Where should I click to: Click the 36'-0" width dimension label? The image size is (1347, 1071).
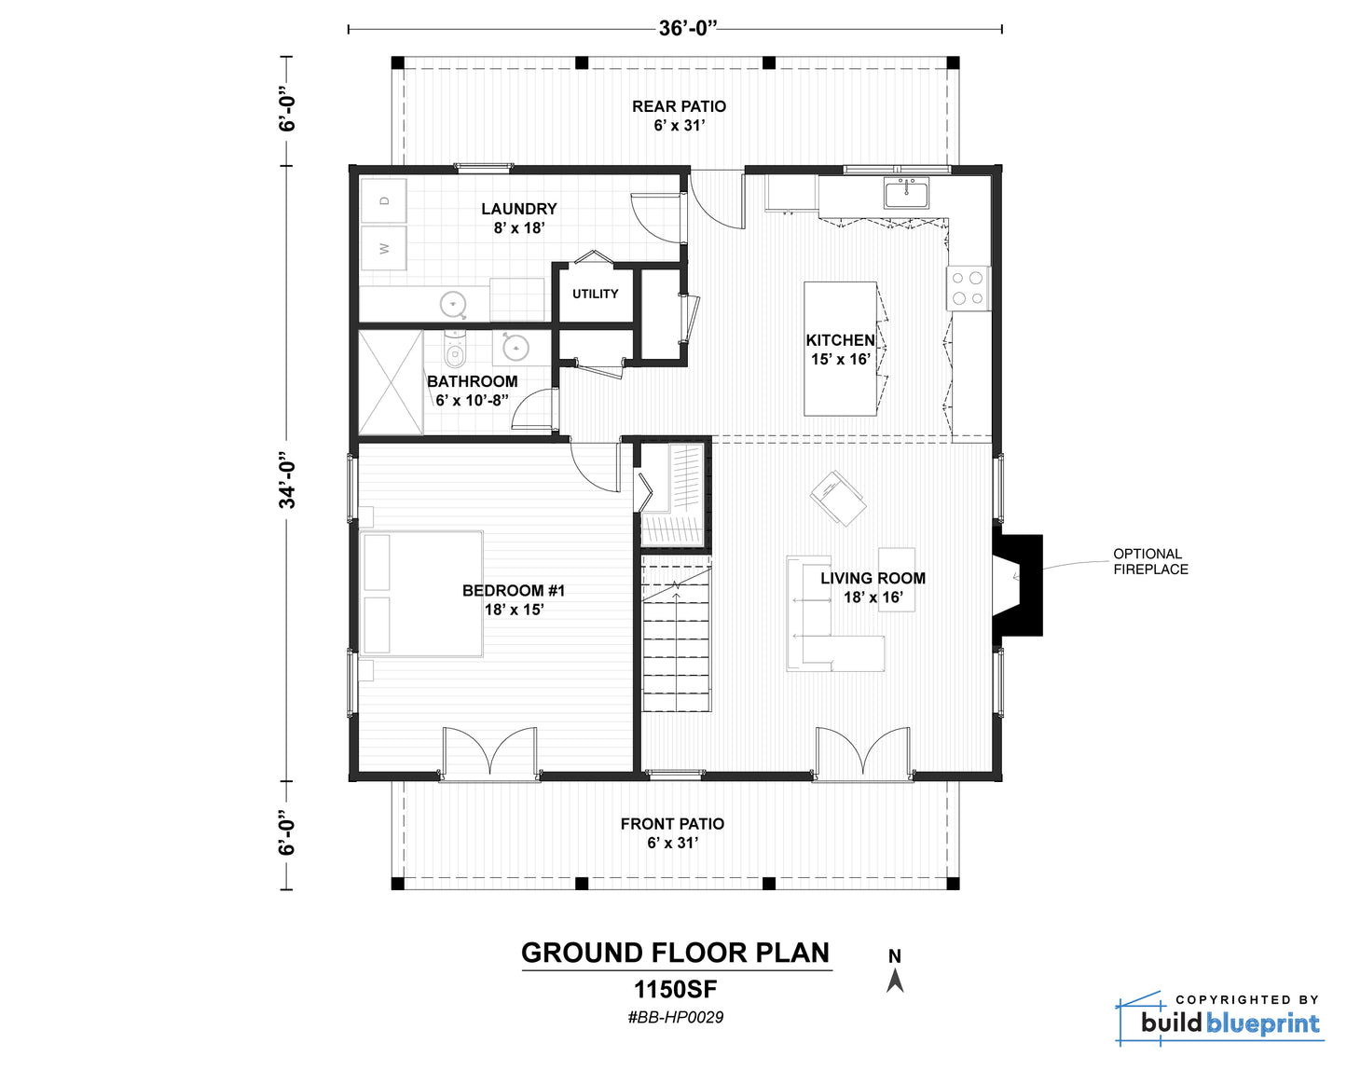coord(687,29)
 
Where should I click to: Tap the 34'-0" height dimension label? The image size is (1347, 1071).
coord(287,480)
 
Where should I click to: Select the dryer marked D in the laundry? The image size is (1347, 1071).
coord(384,200)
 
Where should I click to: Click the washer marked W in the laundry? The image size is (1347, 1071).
coord(384,248)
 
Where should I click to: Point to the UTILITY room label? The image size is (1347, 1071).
coord(596,294)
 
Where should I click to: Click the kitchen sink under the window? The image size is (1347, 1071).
coord(906,192)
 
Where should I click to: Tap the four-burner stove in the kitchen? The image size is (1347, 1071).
coord(968,288)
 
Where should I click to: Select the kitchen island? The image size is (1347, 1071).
coord(840,349)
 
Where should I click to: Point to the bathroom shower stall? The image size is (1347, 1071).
coord(391,382)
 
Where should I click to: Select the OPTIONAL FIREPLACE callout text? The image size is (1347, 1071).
coord(1150,561)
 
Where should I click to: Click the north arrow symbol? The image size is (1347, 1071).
coord(895,981)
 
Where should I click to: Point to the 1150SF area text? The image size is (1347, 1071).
coord(676,990)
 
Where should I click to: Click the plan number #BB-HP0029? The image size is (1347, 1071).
coord(676,1017)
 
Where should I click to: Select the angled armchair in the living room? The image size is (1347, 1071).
coord(838,499)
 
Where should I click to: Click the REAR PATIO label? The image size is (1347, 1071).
coord(680,106)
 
